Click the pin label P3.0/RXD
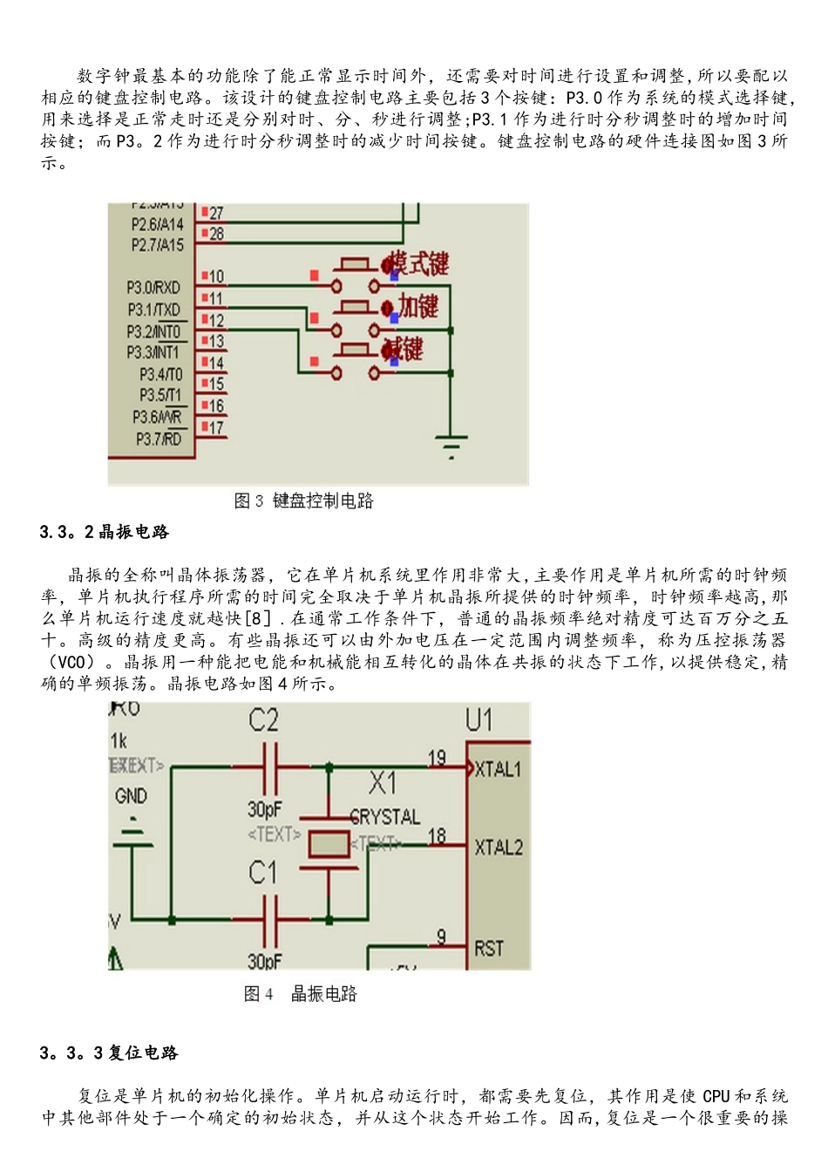tap(153, 287)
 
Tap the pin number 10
tap(216, 276)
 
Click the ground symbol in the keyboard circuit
tap(451, 446)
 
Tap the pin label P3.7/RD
tap(159, 439)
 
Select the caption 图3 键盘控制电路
tap(303, 501)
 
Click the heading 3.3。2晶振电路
tap(105, 532)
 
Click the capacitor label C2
tap(263, 720)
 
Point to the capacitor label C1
tap(262, 872)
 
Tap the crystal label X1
tap(382, 782)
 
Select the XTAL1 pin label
tap(498, 769)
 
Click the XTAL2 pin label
tap(499, 847)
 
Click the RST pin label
tap(489, 948)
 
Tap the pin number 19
tap(437, 758)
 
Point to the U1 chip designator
tap(479, 720)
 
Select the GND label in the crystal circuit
tap(131, 795)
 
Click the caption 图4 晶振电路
tap(301, 994)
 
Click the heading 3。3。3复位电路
tap(109, 1053)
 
